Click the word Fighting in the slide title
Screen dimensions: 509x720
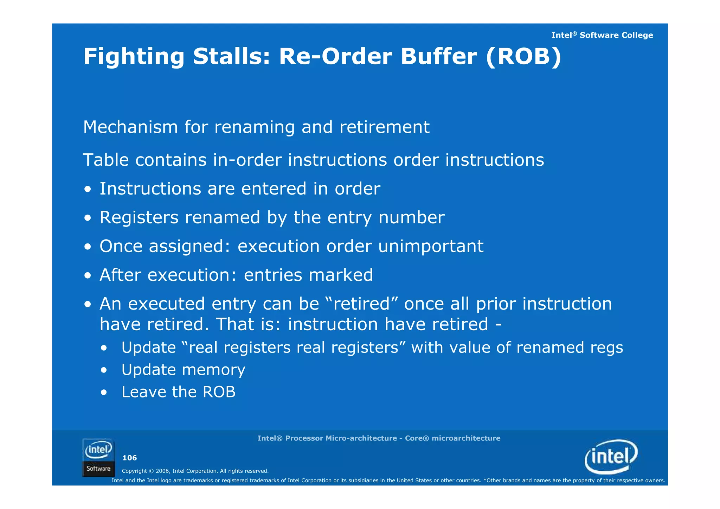(x=134, y=57)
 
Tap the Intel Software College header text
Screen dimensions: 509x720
(x=602, y=35)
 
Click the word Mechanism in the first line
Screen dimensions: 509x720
(x=130, y=127)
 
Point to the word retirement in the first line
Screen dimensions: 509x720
(x=384, y=127)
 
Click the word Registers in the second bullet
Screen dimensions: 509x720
(x=139, y=218)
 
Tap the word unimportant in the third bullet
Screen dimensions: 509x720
(x=431, y=246)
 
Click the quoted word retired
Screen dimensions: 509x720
(x=361, y=304)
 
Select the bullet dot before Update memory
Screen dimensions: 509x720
(x=103, y=370)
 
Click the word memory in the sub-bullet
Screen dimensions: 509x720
(x=214, y=370)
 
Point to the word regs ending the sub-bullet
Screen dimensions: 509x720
(x=606, y=348)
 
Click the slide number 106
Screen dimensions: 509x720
(x=129, y=458)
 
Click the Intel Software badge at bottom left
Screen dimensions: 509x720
(x=98, y=458)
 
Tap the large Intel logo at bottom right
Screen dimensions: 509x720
(x=611, y=457)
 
